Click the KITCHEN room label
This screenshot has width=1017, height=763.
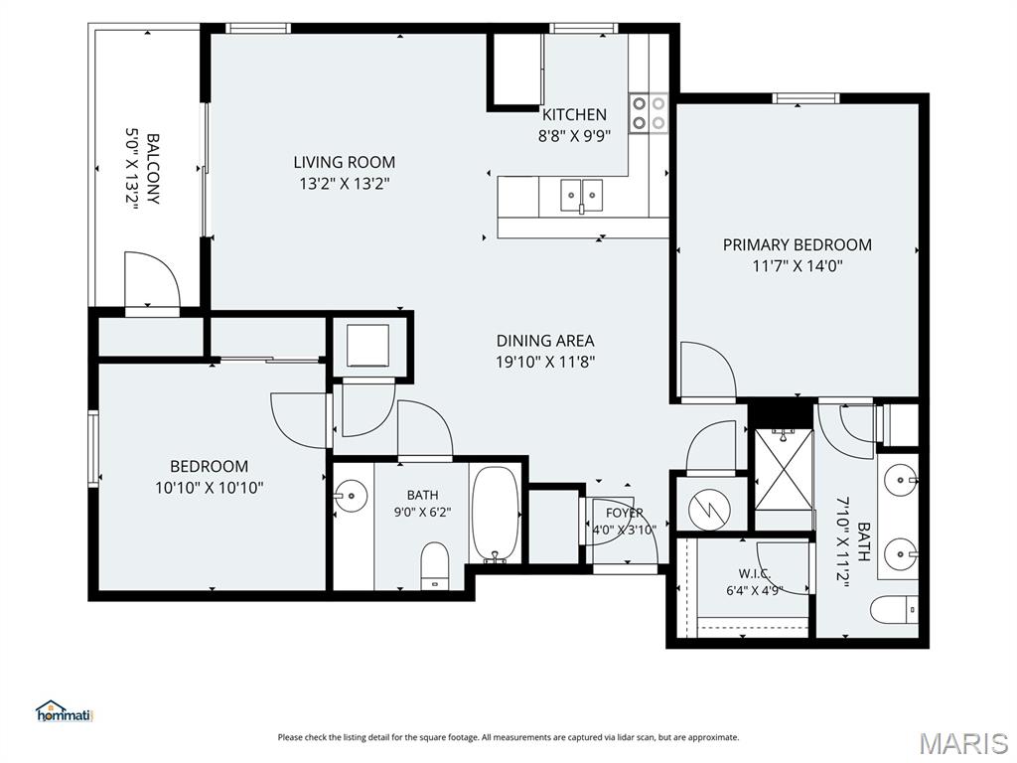tap(574, 115)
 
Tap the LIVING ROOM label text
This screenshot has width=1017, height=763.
tap(344, 162)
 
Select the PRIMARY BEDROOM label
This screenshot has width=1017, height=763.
tap(798, 244)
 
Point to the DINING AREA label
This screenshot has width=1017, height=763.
tap(545, 341)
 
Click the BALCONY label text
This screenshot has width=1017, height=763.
tap(153, 169)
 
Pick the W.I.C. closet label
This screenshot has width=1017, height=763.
tap(755, 573)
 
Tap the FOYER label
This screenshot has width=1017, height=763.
tap(624, 513)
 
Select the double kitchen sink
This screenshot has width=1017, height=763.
tap(582, 196)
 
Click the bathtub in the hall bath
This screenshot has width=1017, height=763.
tap(495, 515)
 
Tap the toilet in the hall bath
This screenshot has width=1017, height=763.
tap(435, 566)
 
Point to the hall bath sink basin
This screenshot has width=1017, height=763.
tap(351, 497)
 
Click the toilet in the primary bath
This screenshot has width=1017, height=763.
tap(894, 610)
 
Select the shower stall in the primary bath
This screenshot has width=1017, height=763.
tap(784, 469)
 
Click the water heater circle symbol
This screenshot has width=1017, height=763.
tap(709, 508)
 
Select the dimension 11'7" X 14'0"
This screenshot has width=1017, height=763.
tap(798, 265)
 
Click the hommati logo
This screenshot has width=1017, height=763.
tap(65, 711)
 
